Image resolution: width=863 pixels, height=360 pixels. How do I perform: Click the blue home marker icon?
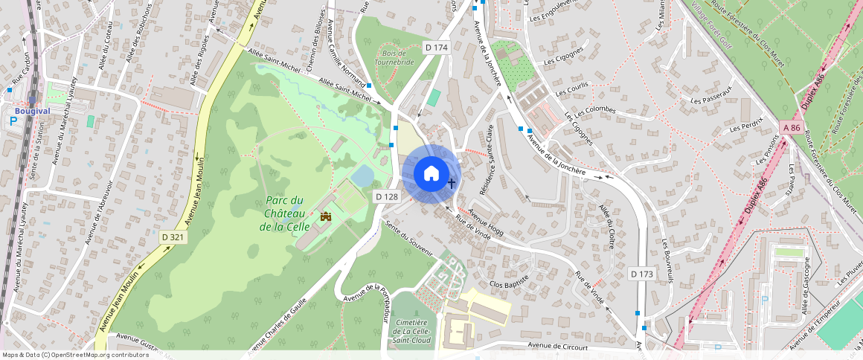(x=431, y=174)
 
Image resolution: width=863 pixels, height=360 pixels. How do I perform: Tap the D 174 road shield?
(x=437, y=48)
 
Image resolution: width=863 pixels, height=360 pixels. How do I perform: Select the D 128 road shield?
(x=387, y=196)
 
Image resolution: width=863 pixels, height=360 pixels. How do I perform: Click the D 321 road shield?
(x=173, y=237)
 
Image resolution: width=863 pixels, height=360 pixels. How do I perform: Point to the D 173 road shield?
(x=641, y=274)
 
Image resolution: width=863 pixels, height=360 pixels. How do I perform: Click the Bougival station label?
(x=32, y=111)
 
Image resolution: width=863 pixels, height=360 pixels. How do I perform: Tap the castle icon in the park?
(x=325, y=217)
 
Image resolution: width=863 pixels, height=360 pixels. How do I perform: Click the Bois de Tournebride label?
(x=394, y=58)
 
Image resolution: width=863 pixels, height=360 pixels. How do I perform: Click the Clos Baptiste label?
(x=509, y=280)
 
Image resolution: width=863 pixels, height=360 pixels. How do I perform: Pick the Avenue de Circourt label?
(x=557, y=347)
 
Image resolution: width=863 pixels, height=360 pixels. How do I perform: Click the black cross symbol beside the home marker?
(x=451, y=182)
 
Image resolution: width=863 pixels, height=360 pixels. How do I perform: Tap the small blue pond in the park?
(x=362, y=176)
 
